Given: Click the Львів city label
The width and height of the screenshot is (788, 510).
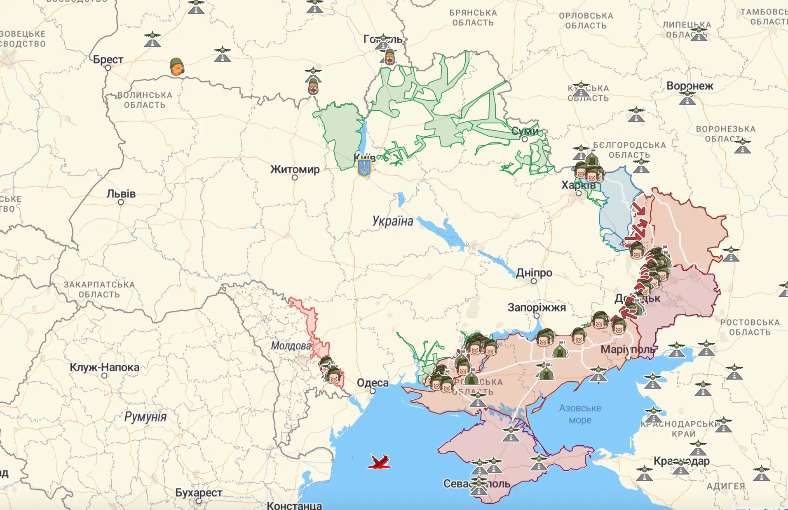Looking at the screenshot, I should [121, 194].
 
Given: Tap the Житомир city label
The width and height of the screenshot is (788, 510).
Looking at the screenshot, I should [295, 169].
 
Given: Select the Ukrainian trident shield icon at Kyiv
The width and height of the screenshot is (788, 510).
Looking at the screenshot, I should [364, 168].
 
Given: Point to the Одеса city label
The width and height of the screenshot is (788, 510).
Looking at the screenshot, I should [373, 383].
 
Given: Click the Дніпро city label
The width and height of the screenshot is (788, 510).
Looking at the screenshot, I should [534, 273].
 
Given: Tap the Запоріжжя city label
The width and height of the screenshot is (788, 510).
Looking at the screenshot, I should [537, 307].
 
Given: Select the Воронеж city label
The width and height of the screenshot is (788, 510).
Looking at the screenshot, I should [689, 86].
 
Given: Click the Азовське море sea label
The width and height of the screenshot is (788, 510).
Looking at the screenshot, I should [580, 414].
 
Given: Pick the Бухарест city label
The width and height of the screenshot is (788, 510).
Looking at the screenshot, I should [199, 493].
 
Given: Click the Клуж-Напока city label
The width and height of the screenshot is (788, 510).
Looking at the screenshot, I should [104, 367].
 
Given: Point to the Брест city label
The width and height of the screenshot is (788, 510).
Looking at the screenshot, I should [108, 60].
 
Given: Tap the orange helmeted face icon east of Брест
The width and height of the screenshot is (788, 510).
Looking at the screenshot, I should [177, 67].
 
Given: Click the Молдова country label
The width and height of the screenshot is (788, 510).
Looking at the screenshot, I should [291, 346].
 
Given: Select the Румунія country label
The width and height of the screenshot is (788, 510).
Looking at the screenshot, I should [145, 417].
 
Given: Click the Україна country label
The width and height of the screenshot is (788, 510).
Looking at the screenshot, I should [392, 221].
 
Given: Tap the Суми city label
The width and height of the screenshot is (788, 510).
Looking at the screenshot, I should [525, 131].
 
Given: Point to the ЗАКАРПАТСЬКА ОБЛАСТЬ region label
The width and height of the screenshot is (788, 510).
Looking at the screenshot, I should [99, 290].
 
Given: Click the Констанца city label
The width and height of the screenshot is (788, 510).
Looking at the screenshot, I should [294, 505].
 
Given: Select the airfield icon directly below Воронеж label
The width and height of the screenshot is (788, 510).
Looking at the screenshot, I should [687, 98].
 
